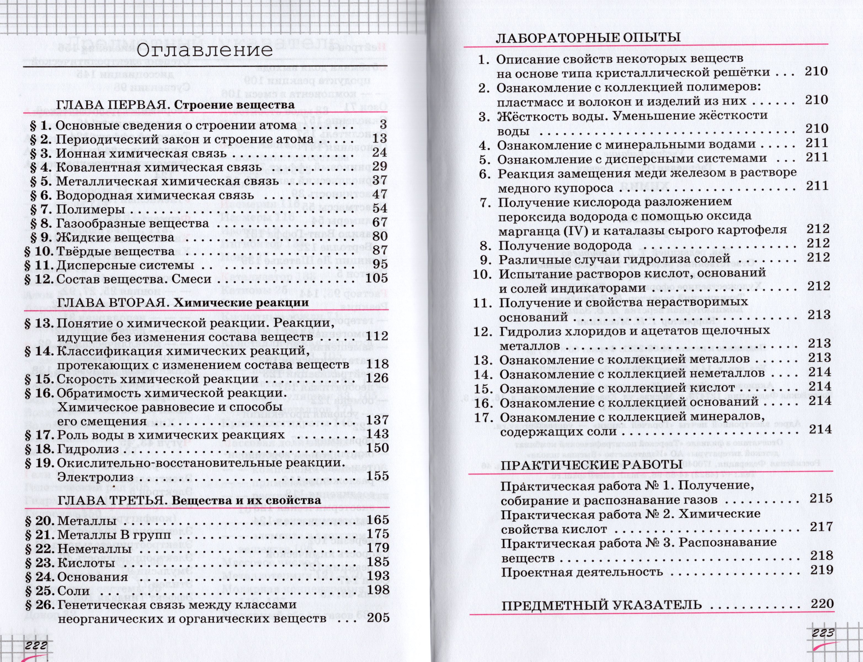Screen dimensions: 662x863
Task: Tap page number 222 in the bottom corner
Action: click(x=36, y=645)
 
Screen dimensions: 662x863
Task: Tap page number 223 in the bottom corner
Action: click(x=823, y=633)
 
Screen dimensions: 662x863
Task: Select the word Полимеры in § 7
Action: click(x=91, y=209)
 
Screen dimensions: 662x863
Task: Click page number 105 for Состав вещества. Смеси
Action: click(x=377, y=279)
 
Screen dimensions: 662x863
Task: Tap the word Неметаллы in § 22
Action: click(x=94, y=549)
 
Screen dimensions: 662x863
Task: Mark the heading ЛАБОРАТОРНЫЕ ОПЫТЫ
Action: click(x=588, y=38)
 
